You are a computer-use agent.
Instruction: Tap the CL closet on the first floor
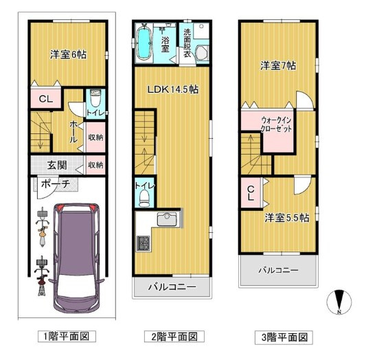tap(45, 100)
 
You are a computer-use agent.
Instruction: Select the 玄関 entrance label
tap(58, 165)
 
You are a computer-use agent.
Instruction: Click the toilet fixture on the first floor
tap(95, 98)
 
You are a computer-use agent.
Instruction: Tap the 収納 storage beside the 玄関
tap(95, 165)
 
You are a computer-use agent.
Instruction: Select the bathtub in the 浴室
tap(145, 42)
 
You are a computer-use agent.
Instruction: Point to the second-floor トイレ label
tap(145, 185)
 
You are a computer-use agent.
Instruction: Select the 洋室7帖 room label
tap(277, 66)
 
